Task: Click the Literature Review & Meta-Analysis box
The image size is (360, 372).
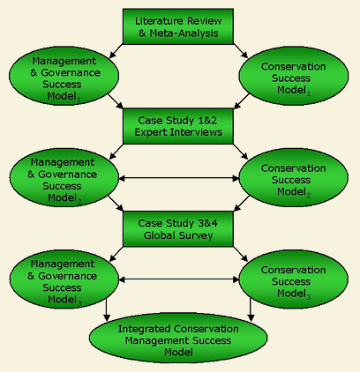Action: click(x=178, y=26)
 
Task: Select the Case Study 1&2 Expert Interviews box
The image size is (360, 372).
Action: click(x=178, y=126)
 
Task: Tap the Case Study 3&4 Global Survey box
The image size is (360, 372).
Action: click(x=178, y=229)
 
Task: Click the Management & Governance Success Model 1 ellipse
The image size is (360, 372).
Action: click(x=64, y=76)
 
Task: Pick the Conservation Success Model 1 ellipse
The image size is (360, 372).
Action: click(x=294, y=76)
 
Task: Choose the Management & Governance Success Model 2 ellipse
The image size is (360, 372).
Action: click(x=64, y=178)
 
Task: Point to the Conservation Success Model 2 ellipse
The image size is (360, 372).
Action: click(x=294, y=178)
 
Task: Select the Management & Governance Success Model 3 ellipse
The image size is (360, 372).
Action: click(x=64, y=279)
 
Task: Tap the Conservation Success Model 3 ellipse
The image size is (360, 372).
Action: click(x=294, y=279)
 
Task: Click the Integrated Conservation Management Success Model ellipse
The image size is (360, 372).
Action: click(x=178, y=338)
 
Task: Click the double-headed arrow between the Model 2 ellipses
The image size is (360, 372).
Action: click(x=179, y=178)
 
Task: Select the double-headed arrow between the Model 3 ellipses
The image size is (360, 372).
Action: click(x=179, y=279)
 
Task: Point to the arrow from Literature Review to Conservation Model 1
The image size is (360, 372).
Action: click(x=241, y=51)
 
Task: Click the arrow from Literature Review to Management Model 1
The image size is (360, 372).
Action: click(x=116, y=51)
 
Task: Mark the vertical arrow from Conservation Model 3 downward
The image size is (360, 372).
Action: click(x=251, y=309)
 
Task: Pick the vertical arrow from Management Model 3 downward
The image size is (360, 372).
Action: click(x=107, y=309)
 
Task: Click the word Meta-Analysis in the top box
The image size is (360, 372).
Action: click(x=184, y=33)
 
